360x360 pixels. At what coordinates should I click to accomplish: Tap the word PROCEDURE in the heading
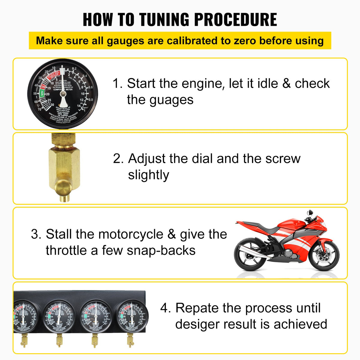coord(235,20)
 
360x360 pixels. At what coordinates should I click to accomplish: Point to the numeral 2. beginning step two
coord(118,159)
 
